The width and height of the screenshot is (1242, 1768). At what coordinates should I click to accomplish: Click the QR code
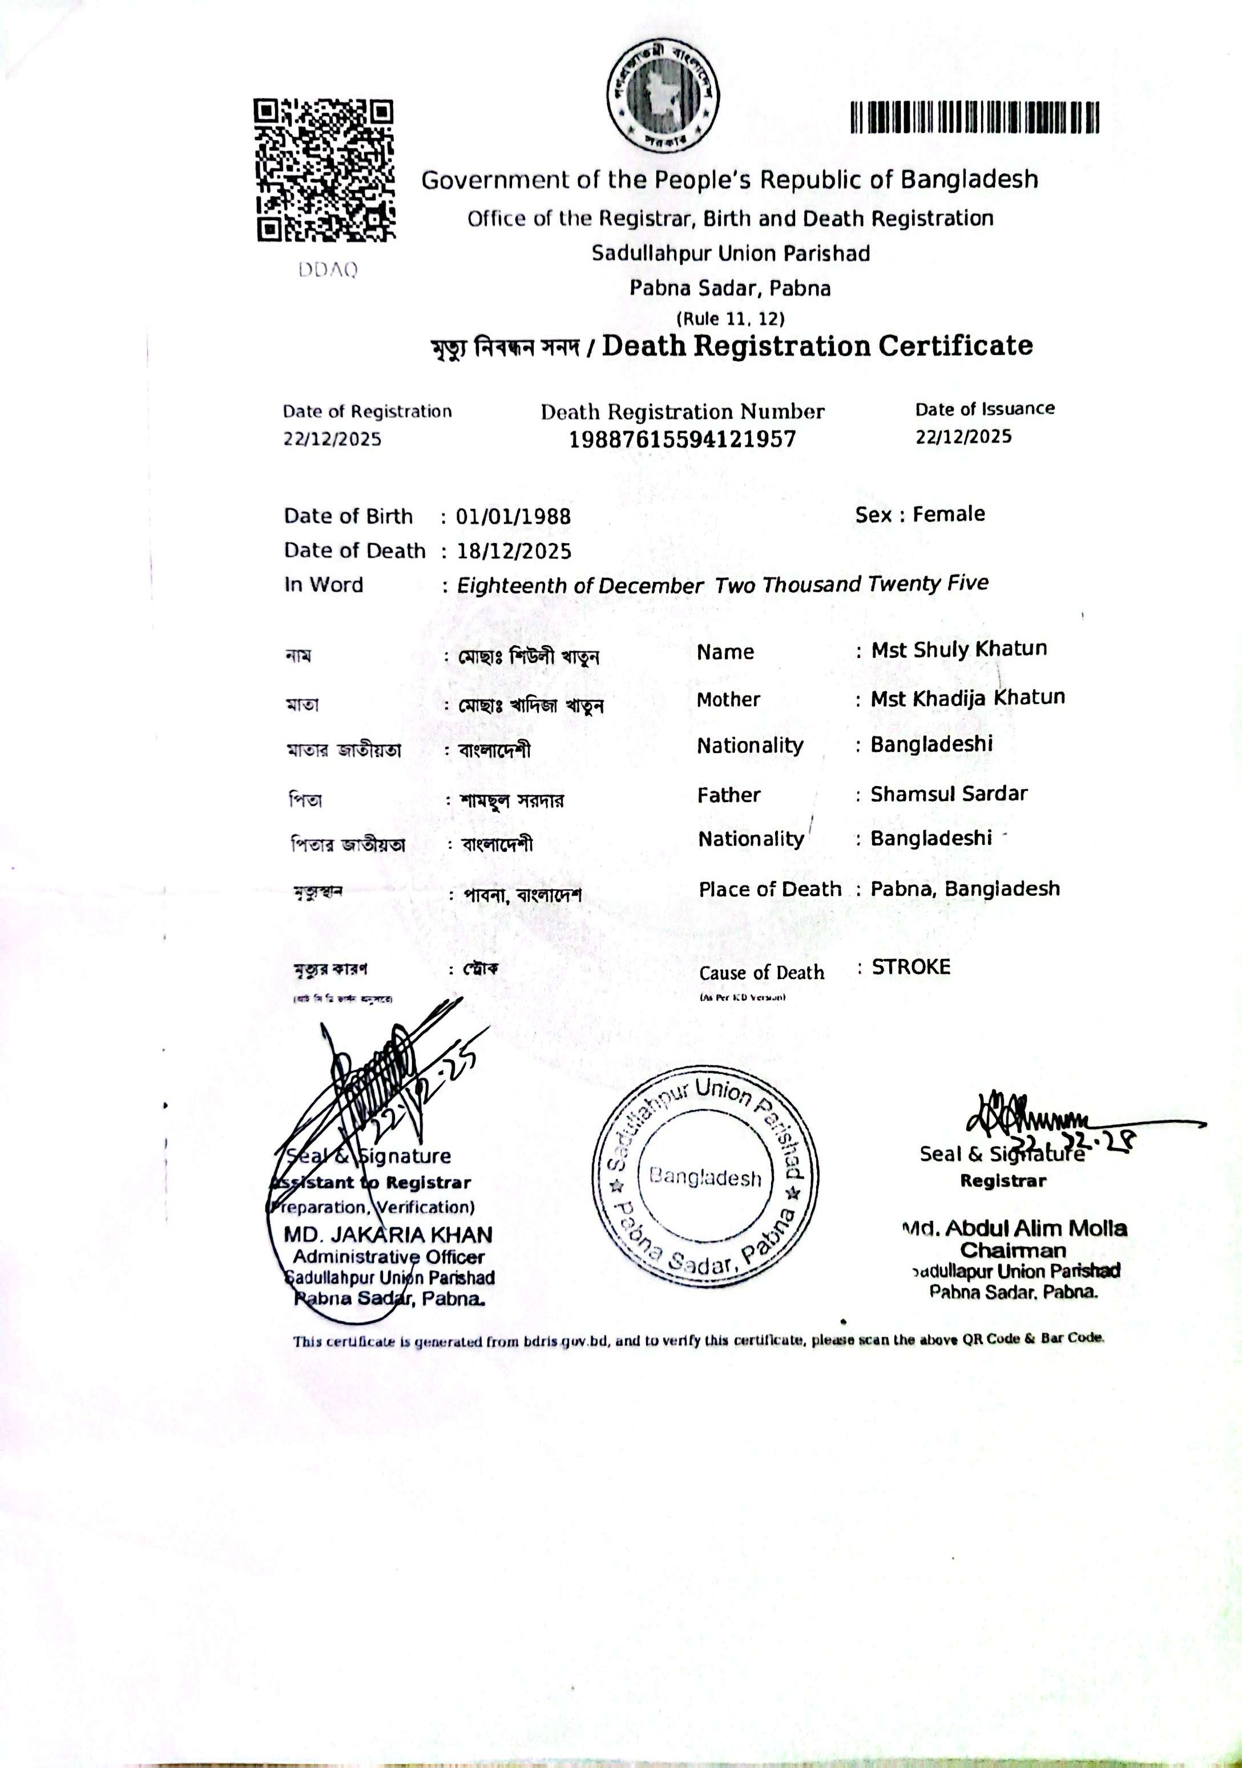(324, 170)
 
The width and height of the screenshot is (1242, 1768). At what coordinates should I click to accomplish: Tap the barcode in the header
(975, 118)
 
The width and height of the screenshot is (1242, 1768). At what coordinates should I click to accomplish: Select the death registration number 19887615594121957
(682, 440)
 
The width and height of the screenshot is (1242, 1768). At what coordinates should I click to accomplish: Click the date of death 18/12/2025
(514, 551)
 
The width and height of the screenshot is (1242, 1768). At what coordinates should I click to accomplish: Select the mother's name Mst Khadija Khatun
(967, 698)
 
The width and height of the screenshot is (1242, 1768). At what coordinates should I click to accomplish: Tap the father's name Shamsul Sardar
(949, 794)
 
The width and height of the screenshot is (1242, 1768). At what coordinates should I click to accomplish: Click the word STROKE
(911, 967)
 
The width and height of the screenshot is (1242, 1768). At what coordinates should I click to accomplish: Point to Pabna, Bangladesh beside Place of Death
(965, 889)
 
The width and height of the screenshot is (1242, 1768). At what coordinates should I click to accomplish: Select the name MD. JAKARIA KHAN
(388, 1235)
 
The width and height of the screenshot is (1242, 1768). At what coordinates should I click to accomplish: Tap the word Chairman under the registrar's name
(1013, 1251)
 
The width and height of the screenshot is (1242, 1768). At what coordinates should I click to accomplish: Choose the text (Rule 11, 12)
(731, 318)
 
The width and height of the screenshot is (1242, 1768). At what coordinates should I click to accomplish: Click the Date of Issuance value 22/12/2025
(963, 436)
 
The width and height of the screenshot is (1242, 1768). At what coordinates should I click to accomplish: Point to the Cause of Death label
(761, 973)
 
